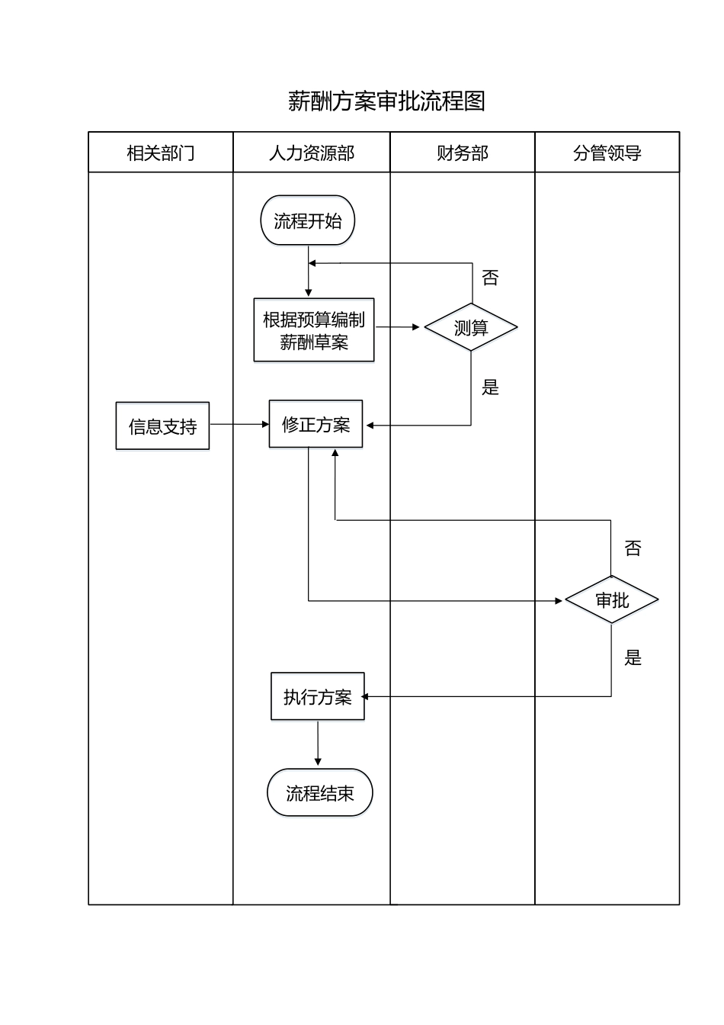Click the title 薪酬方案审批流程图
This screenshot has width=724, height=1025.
(386, 101)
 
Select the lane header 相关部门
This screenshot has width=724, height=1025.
(161, 153)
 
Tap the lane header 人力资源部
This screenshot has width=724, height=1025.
(312, 153)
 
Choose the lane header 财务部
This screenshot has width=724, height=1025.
(463, 153)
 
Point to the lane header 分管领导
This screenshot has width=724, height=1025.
(607, 153)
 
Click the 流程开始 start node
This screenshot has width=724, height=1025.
(308, 221)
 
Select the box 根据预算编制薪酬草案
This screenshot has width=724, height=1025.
(314, 330)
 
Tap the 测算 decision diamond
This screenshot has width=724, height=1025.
(471, 328)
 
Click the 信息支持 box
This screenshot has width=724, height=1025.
(162, 426)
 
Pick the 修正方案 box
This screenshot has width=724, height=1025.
(316, 424)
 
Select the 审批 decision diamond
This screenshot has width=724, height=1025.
(612, 600)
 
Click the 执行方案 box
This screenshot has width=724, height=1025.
(318, 696)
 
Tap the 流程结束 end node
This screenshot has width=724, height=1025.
(320, 793)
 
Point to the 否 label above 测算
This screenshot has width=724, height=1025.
(490, 278)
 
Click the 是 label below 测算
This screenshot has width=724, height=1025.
(490, 387)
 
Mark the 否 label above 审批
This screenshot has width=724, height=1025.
(633, 548)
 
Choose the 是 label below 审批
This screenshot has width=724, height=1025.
(633, 657)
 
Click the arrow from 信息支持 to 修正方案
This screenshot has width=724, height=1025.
(239, 424)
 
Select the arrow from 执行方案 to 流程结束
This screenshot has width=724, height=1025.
(318, 743)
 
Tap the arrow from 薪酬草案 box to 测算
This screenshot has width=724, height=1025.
(398, 327)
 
